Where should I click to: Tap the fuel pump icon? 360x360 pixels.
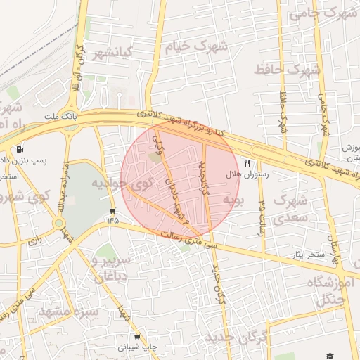pyautogui.click(x=18, y=149)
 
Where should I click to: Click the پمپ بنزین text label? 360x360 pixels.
pyautogui.click(x=41, y=160)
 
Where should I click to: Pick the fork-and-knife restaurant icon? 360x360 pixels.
pyautogui.click(x=247, y=162)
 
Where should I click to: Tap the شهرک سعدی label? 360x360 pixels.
pyautogui.click(x=288, y=209)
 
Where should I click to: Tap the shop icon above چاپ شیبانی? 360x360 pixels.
pyautogui.click(x=137, y=337)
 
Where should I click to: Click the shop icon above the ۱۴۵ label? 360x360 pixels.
pyautogui.click(x=112, y=211)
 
